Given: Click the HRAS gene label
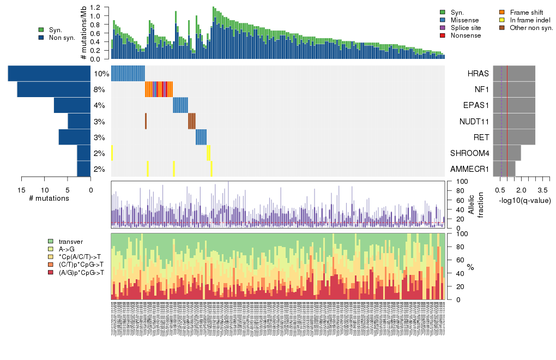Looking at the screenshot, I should (478, 74).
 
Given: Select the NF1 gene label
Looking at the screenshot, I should (480, 89).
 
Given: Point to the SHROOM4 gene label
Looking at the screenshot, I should (470, 153).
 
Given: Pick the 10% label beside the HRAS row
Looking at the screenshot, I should (101, 74).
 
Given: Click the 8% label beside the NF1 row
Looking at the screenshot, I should (99, 89).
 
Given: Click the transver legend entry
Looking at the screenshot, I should (71, 241).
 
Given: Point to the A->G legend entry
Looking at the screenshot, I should (67, 249).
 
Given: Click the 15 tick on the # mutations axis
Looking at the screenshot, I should (22, 190).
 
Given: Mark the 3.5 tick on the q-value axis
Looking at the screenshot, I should (543, 190).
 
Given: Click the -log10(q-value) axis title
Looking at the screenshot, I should (525, 201).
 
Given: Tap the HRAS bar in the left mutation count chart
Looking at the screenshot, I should (49, 74).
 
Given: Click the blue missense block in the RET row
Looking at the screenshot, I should (201, 137).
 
